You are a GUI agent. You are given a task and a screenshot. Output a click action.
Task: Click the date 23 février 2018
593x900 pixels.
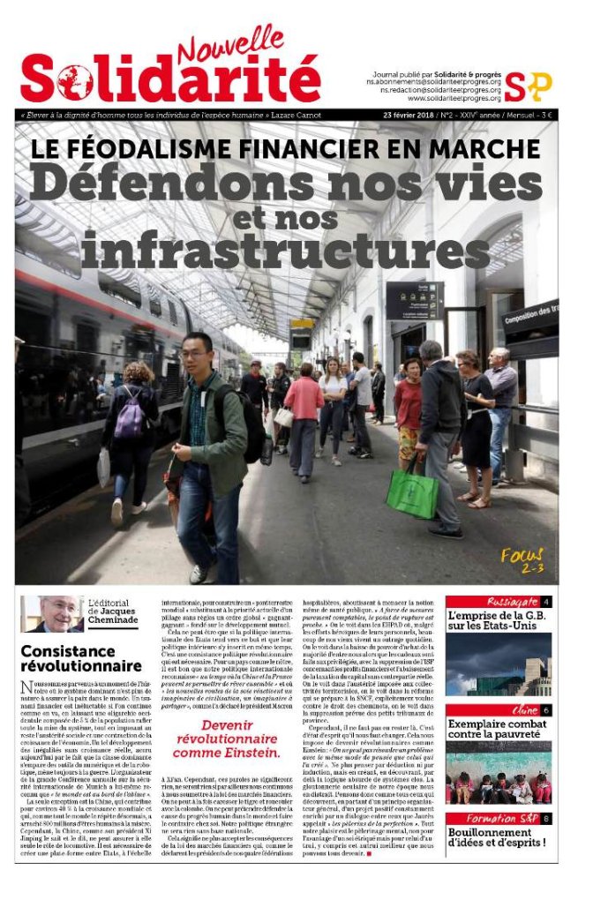point(413,116)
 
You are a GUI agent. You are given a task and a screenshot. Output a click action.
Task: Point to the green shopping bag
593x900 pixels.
point(411,491)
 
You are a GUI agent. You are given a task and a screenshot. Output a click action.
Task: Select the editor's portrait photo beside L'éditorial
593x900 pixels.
point(52,613)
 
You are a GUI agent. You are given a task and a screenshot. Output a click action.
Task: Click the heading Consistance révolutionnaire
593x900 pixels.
point(80,657)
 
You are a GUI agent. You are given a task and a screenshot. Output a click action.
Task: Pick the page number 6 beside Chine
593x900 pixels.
point(546,710)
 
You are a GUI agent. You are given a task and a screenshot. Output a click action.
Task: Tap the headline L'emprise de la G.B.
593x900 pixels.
point(499,622)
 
